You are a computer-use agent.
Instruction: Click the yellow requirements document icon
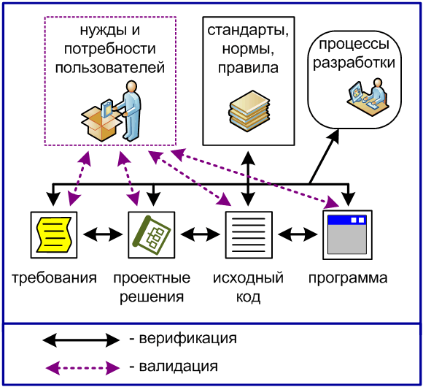point(54,234)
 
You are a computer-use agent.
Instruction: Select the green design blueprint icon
point(152,234)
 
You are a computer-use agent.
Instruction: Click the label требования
point(54,278)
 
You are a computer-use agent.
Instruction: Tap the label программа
point(347,278)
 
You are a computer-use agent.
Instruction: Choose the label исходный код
point(248,288)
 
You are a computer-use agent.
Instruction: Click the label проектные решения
point(152,288)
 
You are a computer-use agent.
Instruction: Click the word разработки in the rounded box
point(354,63)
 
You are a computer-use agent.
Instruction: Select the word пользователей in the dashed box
point(110,68)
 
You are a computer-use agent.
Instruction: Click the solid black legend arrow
point(80,340)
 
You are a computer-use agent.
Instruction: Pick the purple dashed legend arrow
point(80,366)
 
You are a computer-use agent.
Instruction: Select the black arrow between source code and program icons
point(298,235)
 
